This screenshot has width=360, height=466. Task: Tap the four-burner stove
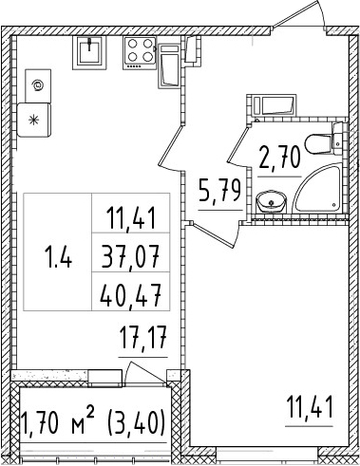coord(139,53)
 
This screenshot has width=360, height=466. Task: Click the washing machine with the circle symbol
coord(37,84)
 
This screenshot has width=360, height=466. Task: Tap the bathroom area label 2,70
coord(279,156)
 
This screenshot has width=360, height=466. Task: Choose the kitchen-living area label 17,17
coord(142,337)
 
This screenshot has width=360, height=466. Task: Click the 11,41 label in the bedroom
coord(310,411)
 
